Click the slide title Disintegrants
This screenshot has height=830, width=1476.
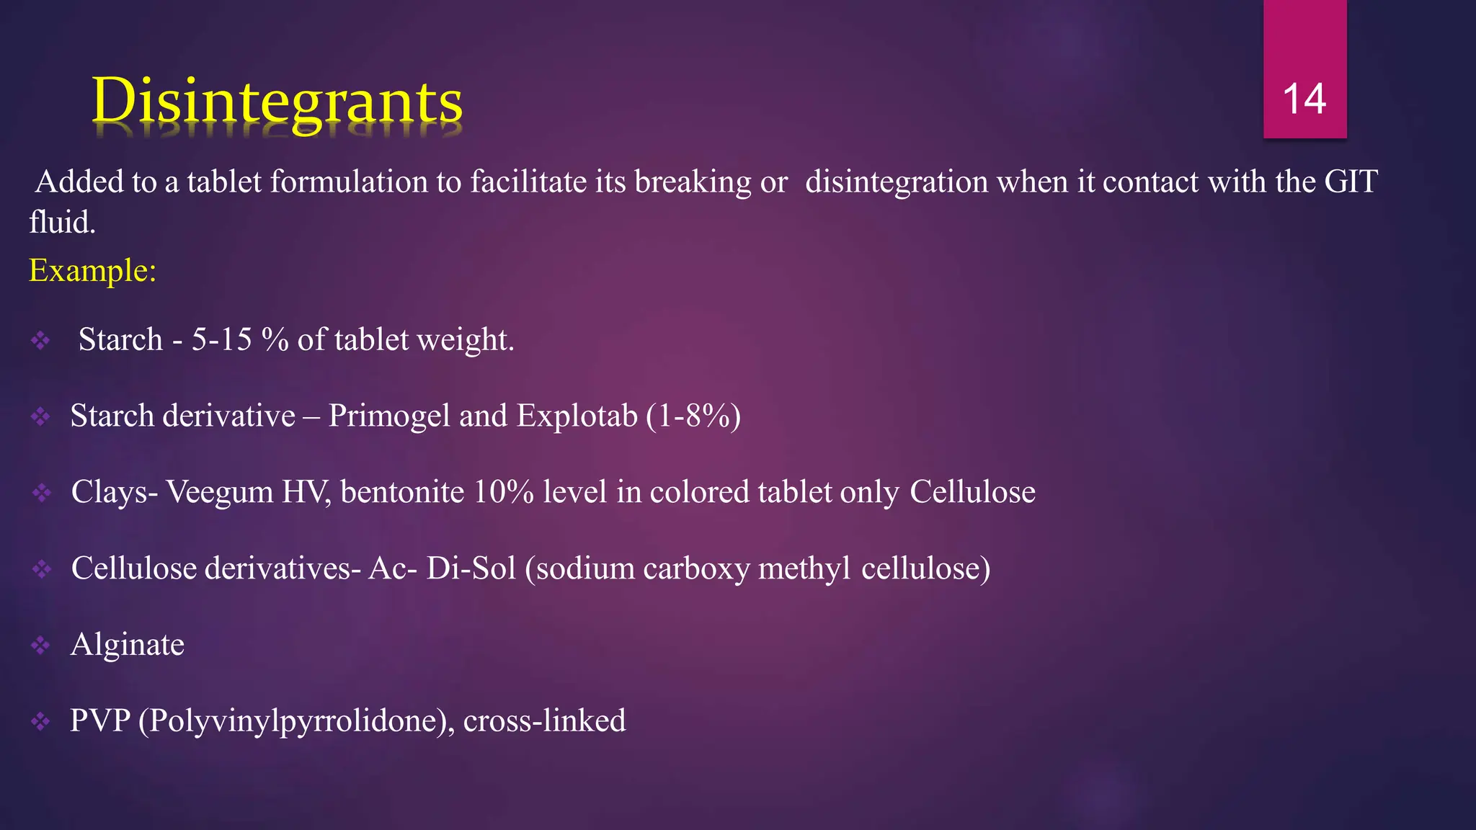277,101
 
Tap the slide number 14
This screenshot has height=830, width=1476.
1304,99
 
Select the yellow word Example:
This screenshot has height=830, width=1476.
92,271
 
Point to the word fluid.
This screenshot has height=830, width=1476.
62,223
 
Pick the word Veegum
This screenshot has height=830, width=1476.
220,492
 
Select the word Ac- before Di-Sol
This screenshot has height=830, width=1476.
393,568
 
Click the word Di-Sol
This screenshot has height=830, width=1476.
471,568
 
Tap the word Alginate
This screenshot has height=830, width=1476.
128,645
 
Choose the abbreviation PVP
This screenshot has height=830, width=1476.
100,720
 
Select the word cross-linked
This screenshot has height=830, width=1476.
544,720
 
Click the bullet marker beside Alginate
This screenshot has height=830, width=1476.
40,645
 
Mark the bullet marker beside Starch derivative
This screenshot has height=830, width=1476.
40,416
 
